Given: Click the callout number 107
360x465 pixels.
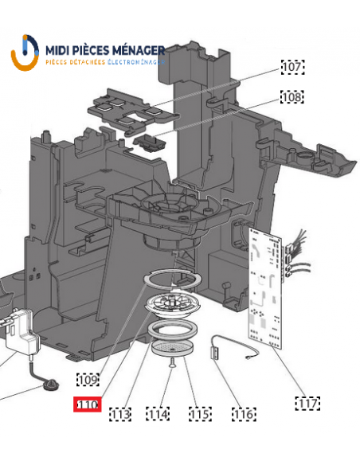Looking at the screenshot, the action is coord(292,67).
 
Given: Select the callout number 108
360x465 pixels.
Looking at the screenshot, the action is coord(292,96).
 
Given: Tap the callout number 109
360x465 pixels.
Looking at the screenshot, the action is coord(88,379).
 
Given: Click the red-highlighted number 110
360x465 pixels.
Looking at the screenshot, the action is coord(88,404).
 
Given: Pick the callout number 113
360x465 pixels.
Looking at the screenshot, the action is coord(120,414).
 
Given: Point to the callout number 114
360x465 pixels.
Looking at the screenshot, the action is coord(158,414).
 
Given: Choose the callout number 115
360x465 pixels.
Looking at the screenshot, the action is coord(200,414).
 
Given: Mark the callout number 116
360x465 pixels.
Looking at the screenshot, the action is coord(244,414).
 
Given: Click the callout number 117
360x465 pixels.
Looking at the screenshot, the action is coord(307,404).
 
